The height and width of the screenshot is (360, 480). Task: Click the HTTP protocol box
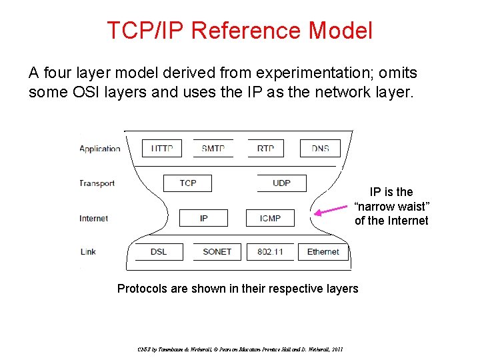(x=161, y=148)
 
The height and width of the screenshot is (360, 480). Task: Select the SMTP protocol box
(x=213, y=148)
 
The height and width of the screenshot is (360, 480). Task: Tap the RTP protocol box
(x=265, y=148)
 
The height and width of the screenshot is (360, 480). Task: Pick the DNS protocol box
(x=320, y=148)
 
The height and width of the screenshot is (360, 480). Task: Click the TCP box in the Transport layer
(x=188, y=183)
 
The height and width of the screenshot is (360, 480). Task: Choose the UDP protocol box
(x=281, y=183)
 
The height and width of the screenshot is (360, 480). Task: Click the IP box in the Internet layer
(x=203, y=218)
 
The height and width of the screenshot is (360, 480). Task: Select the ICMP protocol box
(x=270, y=218)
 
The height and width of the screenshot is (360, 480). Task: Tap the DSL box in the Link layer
(x=159, y=252)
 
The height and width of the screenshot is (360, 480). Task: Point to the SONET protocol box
(x=217, y=252)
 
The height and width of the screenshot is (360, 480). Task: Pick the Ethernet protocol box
(x=323, y=252)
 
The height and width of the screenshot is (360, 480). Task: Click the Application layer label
(x=100, y=149)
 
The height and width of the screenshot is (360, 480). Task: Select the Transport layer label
(x=97, y=183)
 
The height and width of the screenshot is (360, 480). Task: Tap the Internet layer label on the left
(x=94, y=219)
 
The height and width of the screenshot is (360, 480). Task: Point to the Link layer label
(x=88, y=252)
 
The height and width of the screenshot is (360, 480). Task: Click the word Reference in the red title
(x=247, y=31)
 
